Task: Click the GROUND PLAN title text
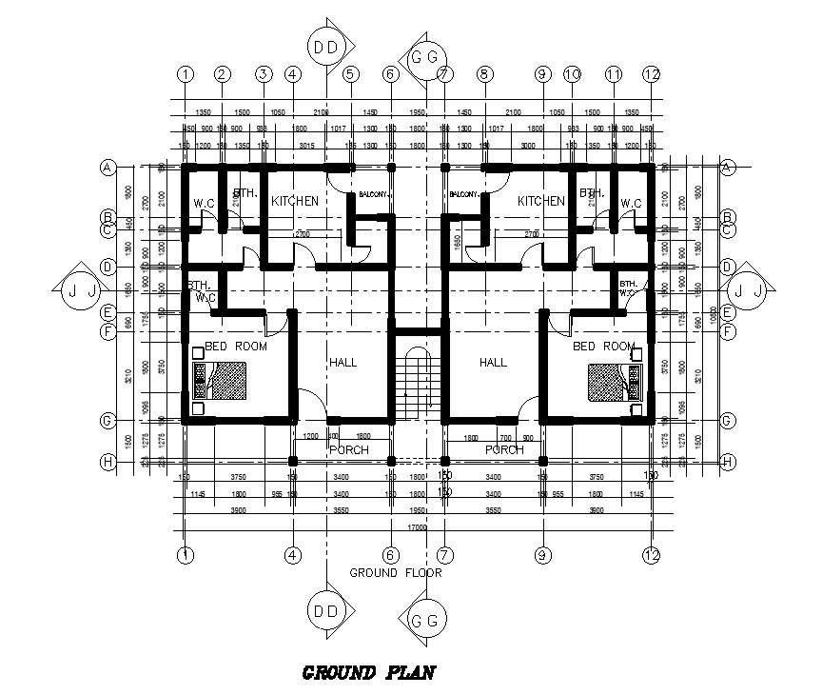[x=368, y=673]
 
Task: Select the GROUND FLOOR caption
[x=395, y=573]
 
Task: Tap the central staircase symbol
[x=418, y=382]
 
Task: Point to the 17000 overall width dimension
[x=417, y=526]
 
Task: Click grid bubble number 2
[x=222, y=73]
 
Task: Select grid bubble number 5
[x=350, y=73]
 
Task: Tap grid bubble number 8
[x=483, y=73]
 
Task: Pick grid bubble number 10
[x=572, y=73]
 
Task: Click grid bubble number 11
[x=614, y=73]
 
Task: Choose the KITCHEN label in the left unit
[x=294, y=202]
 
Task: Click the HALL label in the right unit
[x=493, y=363]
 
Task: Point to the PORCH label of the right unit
[x=504, y=449]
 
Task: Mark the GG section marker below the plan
[x=424, y=621]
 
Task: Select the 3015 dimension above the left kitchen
[x=307, y=146]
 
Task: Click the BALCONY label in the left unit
[x=373, y=195]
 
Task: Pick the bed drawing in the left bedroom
[x=222, y=383]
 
